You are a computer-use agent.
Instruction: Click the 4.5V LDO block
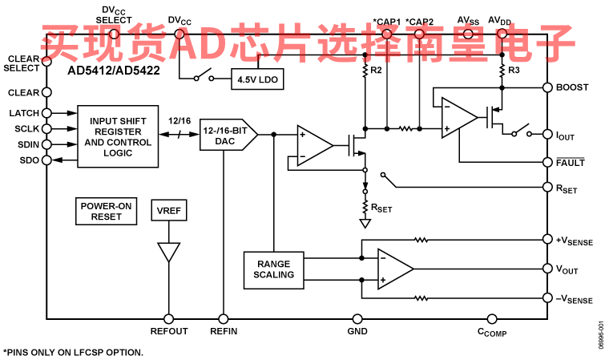pos(257,79)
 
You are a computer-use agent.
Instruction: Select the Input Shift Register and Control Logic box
pos(118,136)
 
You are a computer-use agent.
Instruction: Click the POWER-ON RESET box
pos(106,211)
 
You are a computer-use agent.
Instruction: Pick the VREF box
pos(169,210)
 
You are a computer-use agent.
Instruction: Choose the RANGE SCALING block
pos(273,270)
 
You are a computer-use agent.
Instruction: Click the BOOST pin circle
pos(547,87)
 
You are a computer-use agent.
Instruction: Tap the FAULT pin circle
pos(547,162)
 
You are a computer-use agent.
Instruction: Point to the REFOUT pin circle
pos(168,319)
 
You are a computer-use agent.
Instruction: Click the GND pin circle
pos(357,319)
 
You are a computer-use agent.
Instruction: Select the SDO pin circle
pos(46,160)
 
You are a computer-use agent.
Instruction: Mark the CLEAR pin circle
pos(46,92)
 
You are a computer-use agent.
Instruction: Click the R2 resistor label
pos(376,70)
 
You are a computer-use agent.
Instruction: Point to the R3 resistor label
pos(514,70)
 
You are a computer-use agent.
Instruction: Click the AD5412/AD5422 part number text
pos(114,71)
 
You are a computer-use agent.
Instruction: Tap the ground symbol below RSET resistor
pos(365,224)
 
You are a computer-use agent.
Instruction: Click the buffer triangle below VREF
pos(169,253)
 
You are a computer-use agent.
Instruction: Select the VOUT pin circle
pos(547,269)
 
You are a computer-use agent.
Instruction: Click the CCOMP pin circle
pos(492,319)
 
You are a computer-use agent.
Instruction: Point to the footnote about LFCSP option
pos(74,353)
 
